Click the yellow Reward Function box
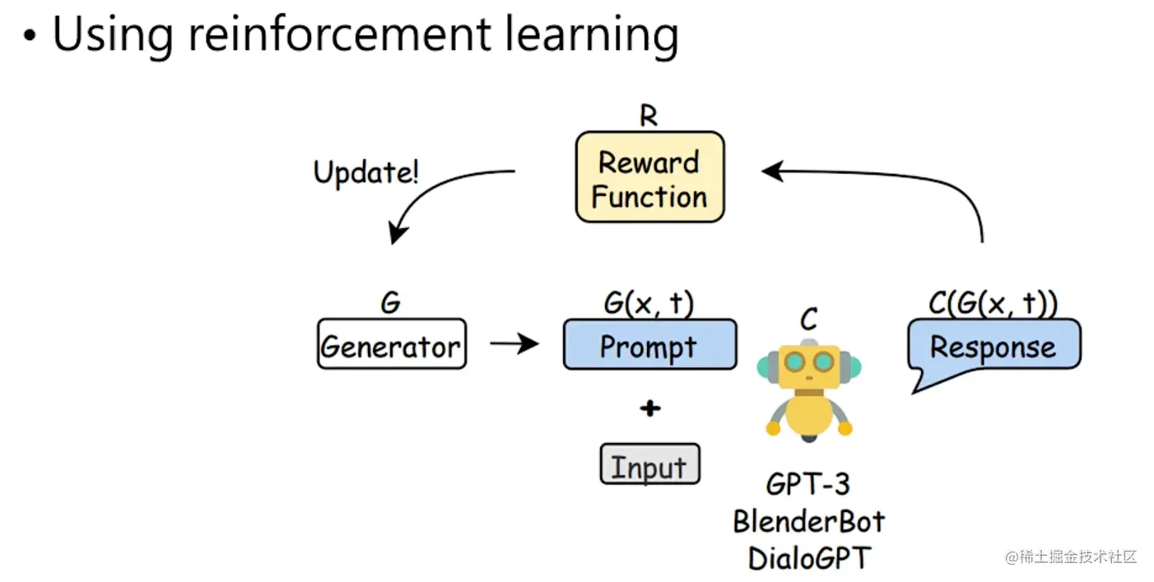(649, 177)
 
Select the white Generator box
(392, 344)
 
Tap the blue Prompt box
(650, 344)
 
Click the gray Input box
(650, 463)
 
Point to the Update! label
(366, 172)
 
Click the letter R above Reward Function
(649, 115)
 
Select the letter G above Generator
(390, 302)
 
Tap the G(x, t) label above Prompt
(649, 303)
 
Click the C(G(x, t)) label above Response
(993, 303)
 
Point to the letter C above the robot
(809, 319)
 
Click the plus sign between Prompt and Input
(650, 408)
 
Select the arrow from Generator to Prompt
(514, 343)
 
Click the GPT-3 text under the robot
(807, 485)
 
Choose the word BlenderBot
(809, 522)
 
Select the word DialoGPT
(809, 558)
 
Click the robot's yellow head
(809, 366)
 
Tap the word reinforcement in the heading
(340, 35)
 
